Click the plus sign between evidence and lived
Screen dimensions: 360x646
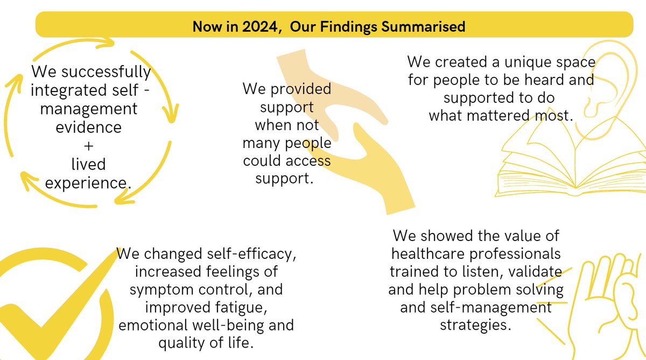90,145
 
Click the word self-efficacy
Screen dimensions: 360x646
252,253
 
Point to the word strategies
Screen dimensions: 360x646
474,325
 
